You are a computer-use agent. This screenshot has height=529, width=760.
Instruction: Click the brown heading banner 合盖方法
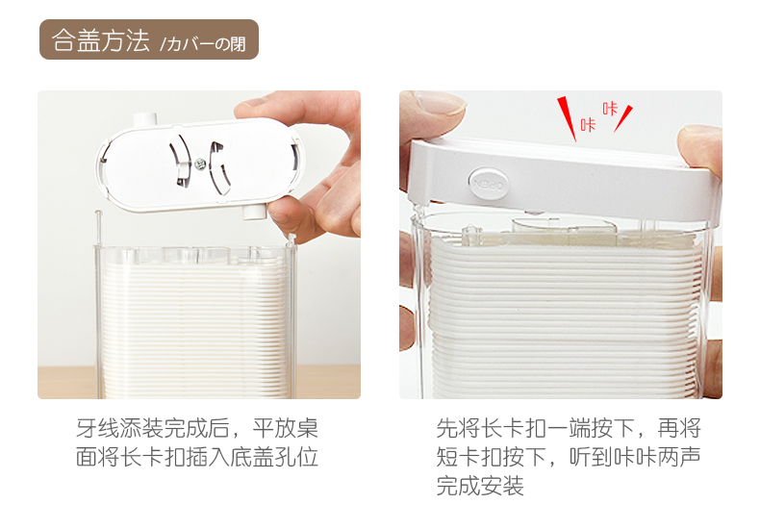pyautogui.click(x=148, y=39)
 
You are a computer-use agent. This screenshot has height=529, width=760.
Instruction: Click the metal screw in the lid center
pyautogui.click(x=200, y=164)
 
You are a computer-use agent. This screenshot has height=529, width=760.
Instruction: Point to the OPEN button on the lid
pyautogui.click(x=489, y=184)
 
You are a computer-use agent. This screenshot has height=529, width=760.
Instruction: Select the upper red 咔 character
pyautogui.click(x=610, y=109)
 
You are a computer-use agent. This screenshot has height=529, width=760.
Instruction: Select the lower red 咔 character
pyautogui.click(x=588, y=124)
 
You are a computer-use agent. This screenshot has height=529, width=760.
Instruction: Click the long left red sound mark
pyautogui.click(x=566, y=117)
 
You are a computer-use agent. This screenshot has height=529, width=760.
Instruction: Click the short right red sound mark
pyautogui.click(x=623, y=118)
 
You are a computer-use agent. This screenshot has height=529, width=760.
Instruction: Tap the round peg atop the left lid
pyautogui.click(x=144, y=119)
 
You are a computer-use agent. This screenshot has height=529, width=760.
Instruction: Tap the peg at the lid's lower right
pyautogui.click(x=254, y=212)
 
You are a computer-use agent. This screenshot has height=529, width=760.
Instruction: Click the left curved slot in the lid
pyautogui.click(x=179, y=160)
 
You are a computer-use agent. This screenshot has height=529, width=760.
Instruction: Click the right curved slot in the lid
pyautogui.click(x=219, y=167)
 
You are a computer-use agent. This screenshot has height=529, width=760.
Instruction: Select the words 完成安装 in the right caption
pyautogui.click(x=480, y=486)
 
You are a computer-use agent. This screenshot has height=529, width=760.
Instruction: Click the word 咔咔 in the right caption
pyautogui.click(x=635, y=457)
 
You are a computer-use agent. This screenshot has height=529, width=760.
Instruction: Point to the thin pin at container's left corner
pyautogui.click(x=98, y=227)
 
